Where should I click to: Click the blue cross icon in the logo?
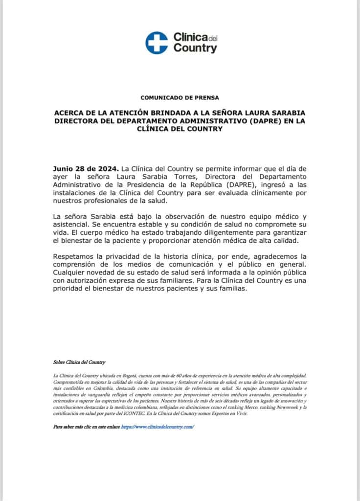pos(156,43)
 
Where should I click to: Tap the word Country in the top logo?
pos(195,48)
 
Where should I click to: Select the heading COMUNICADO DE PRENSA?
pos(180,97)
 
